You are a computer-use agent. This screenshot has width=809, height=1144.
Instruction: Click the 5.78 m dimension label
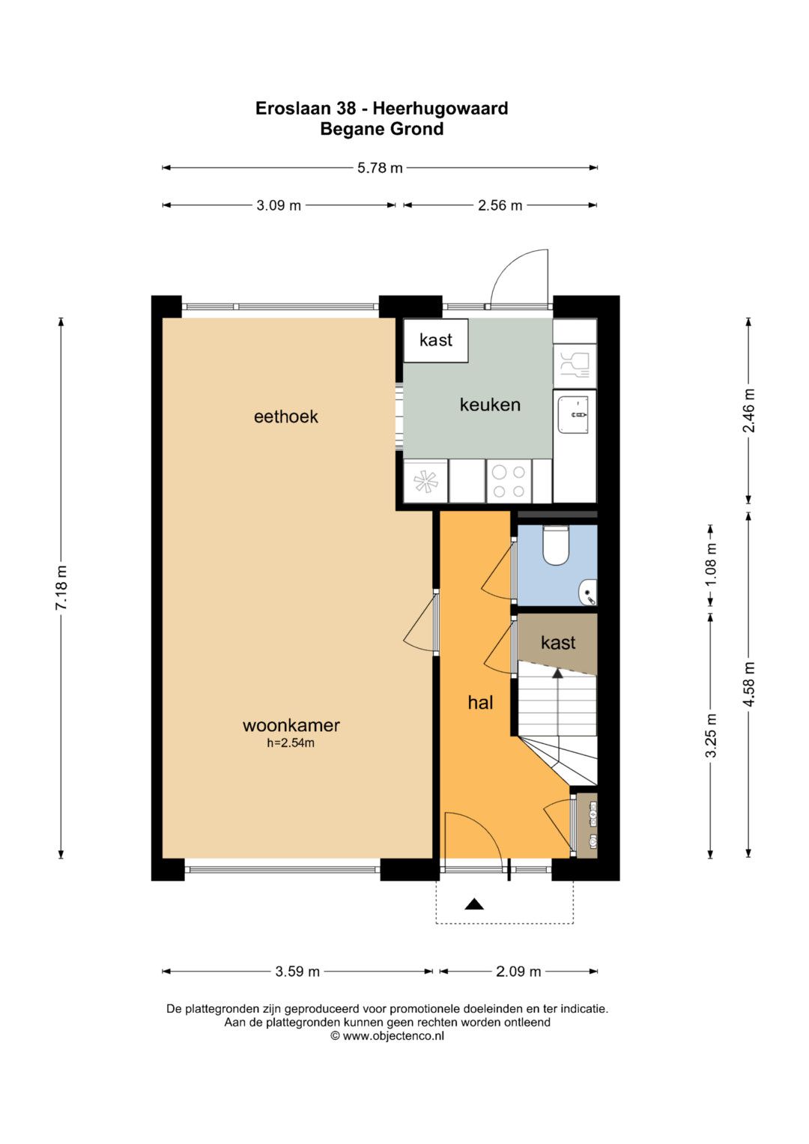click(x=380, y=168)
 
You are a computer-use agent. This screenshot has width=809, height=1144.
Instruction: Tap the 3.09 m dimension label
click(x=279, y=205)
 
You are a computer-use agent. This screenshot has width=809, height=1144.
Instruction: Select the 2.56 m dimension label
click(x=500, y=205)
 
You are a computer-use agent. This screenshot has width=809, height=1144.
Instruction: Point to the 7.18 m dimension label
click(x=61, y=587)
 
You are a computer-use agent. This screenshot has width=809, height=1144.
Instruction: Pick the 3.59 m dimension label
click(x=297, y=971)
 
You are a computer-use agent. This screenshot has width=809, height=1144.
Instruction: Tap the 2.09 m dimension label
click(x=518, y=971)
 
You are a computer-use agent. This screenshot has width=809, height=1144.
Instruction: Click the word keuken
click(x=490, y=405)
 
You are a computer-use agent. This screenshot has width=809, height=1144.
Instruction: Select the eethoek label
click(x=285, y=417)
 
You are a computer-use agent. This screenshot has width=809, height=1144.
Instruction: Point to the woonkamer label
click(x=291, y=725)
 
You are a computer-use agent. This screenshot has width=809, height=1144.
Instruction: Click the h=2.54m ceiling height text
click(x=291, y=743)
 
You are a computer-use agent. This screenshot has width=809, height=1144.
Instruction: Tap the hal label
click(x=481, y=703)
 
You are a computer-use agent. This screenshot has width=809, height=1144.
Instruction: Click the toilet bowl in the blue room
click(x=556, y=545)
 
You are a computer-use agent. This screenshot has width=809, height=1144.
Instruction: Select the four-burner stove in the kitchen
click(x=509, y=481)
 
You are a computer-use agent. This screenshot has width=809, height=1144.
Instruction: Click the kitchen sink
click(x=575, y=415)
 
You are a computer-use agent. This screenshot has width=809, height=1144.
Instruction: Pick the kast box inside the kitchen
click(x=436, y=340)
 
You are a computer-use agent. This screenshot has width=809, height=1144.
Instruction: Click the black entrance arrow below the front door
click(x=474, y=904)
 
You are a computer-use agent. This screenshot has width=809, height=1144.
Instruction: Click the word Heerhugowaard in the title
click(x=440, y=109)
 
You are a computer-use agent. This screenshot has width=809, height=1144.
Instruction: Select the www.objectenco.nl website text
click(x=393, y=1035)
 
